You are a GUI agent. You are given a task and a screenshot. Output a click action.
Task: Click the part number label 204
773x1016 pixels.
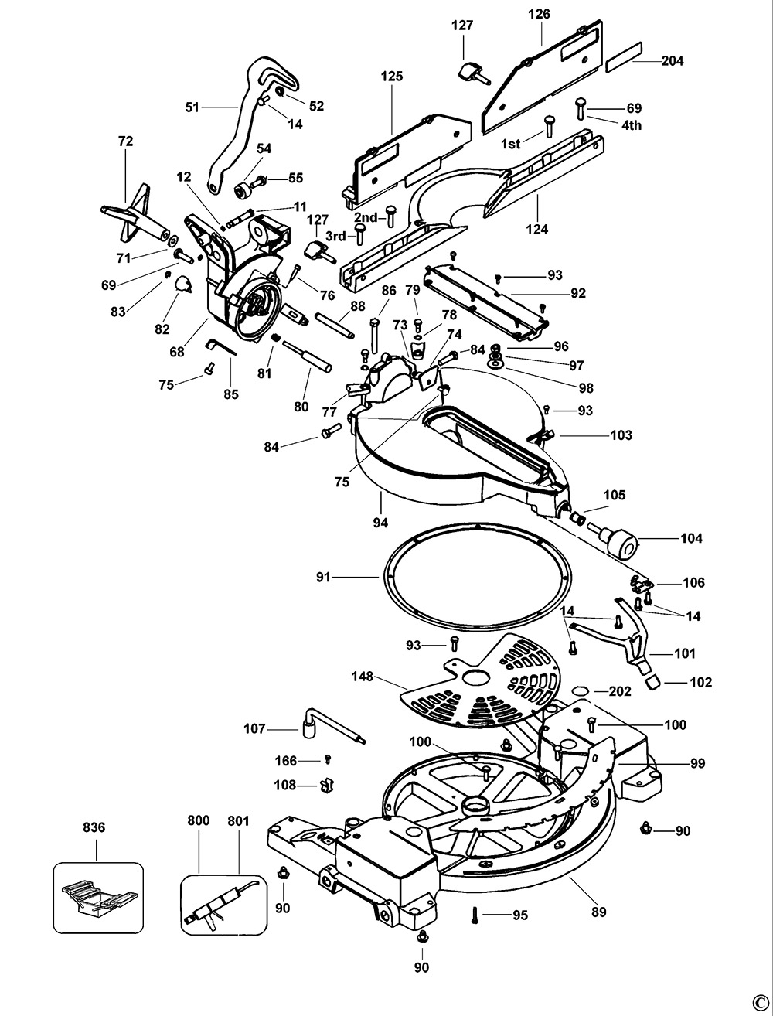coord(673,61)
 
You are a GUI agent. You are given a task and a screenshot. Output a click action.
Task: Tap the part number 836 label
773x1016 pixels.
coord(93,828)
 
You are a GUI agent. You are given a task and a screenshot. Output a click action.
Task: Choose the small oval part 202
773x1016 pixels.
coord(581,690)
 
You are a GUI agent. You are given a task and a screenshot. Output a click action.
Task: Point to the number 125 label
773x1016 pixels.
coord(392,76)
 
